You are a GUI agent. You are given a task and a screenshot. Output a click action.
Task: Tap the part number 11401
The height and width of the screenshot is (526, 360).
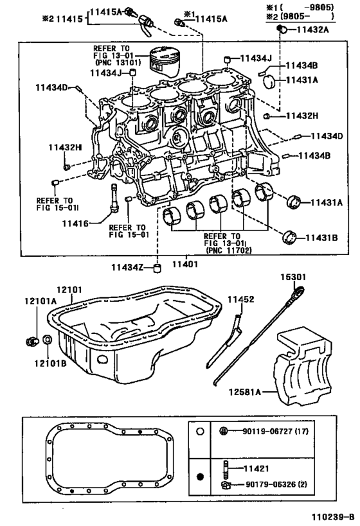(185, 265)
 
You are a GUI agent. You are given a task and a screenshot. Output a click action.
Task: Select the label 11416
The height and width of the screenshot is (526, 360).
(76, 224)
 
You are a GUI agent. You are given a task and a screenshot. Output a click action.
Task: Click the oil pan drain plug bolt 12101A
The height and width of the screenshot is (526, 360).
(32, 341)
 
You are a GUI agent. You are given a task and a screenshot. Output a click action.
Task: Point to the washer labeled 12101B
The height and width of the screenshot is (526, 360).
(48, 340)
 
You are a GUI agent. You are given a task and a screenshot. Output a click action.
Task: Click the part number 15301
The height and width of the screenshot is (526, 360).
(294, 277)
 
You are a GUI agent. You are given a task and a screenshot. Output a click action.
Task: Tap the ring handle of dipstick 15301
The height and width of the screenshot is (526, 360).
(299, 291)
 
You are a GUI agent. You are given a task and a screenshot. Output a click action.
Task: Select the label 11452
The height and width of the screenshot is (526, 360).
(241, 299)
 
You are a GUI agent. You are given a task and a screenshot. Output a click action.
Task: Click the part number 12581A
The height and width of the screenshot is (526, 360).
(245, 392)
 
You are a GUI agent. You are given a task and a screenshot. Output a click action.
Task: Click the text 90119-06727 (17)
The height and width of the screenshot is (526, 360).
(275, 431)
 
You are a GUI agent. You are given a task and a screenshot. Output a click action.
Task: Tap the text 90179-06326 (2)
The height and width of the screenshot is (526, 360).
(274, 484)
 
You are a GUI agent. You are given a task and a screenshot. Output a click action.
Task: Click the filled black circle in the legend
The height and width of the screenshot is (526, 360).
(200, 477)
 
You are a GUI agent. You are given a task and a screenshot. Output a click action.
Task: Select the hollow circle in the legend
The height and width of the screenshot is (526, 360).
(200, 432)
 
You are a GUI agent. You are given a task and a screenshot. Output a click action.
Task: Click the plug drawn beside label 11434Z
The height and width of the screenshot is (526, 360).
(156, 268)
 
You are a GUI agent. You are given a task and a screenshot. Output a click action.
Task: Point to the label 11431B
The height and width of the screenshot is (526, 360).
(321, 238)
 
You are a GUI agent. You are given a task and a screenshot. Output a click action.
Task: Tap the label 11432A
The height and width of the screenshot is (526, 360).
(313, 30)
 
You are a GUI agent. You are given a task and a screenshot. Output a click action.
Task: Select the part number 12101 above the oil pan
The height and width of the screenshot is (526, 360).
(69, 290)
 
